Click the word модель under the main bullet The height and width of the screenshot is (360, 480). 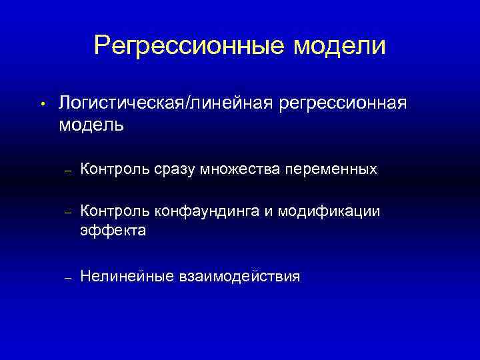coord(91,125)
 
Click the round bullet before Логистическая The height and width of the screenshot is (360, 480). coord(41,104)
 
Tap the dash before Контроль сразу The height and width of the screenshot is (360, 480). coord(67,171)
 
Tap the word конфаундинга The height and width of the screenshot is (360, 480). coord(211,212)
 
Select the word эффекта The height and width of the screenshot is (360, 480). coord(113,231)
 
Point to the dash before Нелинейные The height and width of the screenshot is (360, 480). coord(67,277)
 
